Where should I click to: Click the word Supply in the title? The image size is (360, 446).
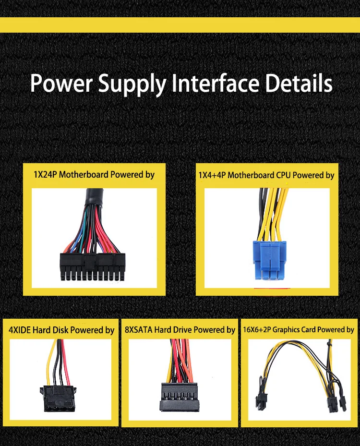coord(131,84)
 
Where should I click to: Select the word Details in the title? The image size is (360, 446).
coord(299,83)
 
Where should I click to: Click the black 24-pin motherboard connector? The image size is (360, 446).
coord(93,266)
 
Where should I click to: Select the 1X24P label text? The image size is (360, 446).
coord(45,174)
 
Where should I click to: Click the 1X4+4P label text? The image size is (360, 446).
coord(212,176)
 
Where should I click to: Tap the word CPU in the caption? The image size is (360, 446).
coord(283,176)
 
